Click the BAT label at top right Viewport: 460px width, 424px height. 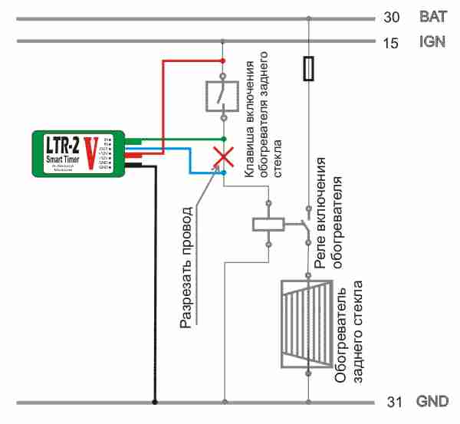(432, 16)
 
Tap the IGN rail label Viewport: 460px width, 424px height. (432, 43)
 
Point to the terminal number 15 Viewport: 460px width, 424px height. (391, 43)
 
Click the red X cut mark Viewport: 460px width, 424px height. (223, 158)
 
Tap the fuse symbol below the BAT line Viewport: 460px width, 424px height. (308, 68)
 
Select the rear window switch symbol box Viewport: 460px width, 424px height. (222, 97)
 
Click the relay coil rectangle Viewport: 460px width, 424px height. (268, 224)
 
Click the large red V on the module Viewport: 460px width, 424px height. (90, 152)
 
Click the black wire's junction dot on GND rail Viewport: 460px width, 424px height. (155, 400)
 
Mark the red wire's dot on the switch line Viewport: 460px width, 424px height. (223, 60)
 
